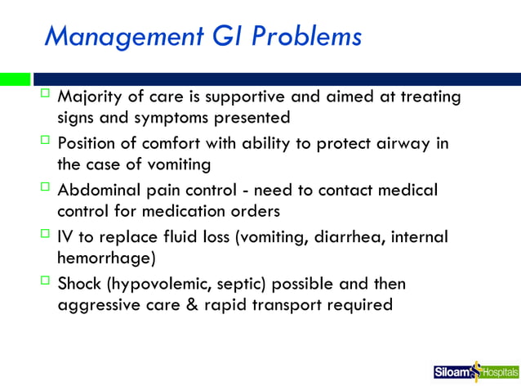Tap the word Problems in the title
301,37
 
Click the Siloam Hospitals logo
475,372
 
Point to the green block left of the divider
15,79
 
